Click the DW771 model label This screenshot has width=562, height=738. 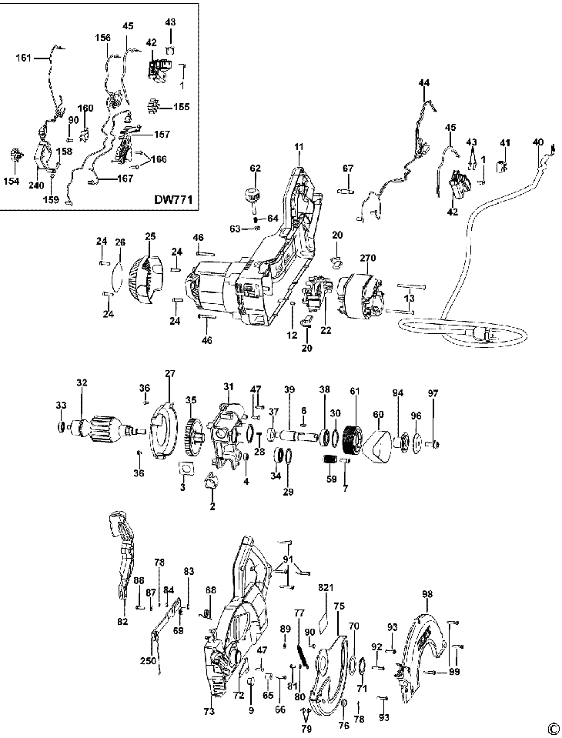(x=174, y=200)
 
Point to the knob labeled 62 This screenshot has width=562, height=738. (x=254, y=193)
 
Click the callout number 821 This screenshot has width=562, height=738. (x=326, y=588)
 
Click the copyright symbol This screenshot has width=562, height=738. (x=553, y=729)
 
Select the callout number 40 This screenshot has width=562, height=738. (x=537, y=142)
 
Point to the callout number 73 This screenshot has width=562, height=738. (x=209, y=713)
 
